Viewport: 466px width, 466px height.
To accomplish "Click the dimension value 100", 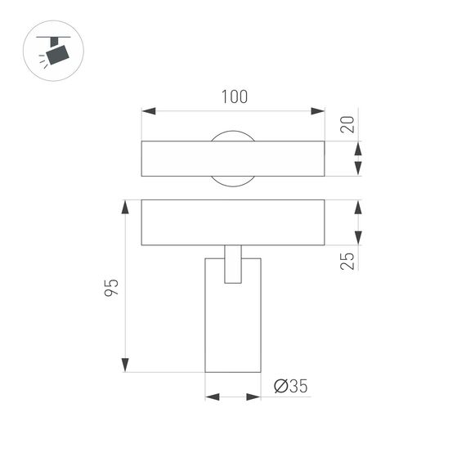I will coord(234,97).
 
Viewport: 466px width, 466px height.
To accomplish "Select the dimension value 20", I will coord(347,124).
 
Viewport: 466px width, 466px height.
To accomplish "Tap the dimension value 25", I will coord(347,261).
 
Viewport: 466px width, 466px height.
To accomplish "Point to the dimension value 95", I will coord(112,287).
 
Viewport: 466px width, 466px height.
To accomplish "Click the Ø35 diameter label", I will coord(291,385).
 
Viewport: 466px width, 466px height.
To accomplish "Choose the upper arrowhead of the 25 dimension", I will coord(357,208).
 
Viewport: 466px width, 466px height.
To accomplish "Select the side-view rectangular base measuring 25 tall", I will coord(233,222).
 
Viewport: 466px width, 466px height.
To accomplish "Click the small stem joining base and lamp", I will coord(233,263).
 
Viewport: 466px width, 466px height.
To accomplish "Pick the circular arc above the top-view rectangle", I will coord(233,134).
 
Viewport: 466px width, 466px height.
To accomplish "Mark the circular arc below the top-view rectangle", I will coord(233,181).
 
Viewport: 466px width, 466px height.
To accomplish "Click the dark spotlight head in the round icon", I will coord(56,54).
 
